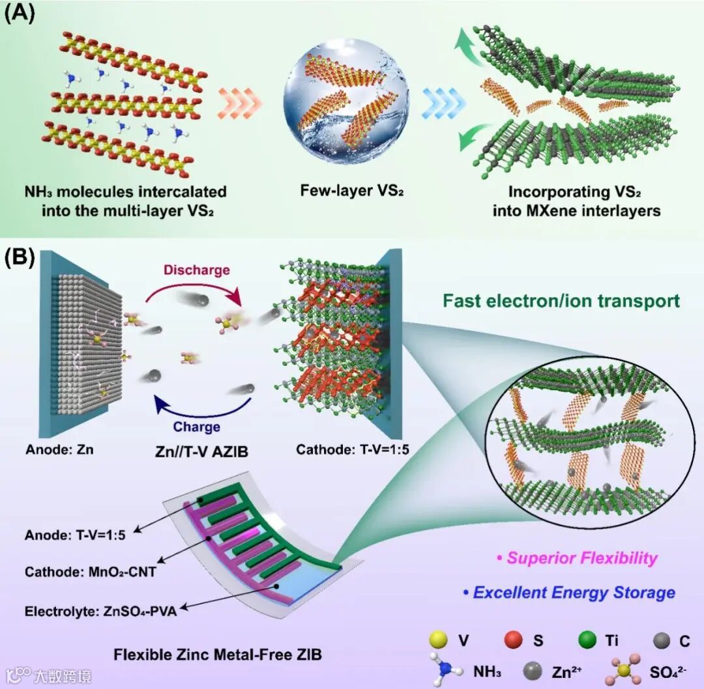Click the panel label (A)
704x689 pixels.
[x=20, y=14]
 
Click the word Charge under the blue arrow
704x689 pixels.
[x=196, y=427]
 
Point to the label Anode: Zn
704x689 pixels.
[x=59, y=449]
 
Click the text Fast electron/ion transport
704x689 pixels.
[x=561, y=301]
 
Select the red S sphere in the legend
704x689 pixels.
[x=514, y=640]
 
